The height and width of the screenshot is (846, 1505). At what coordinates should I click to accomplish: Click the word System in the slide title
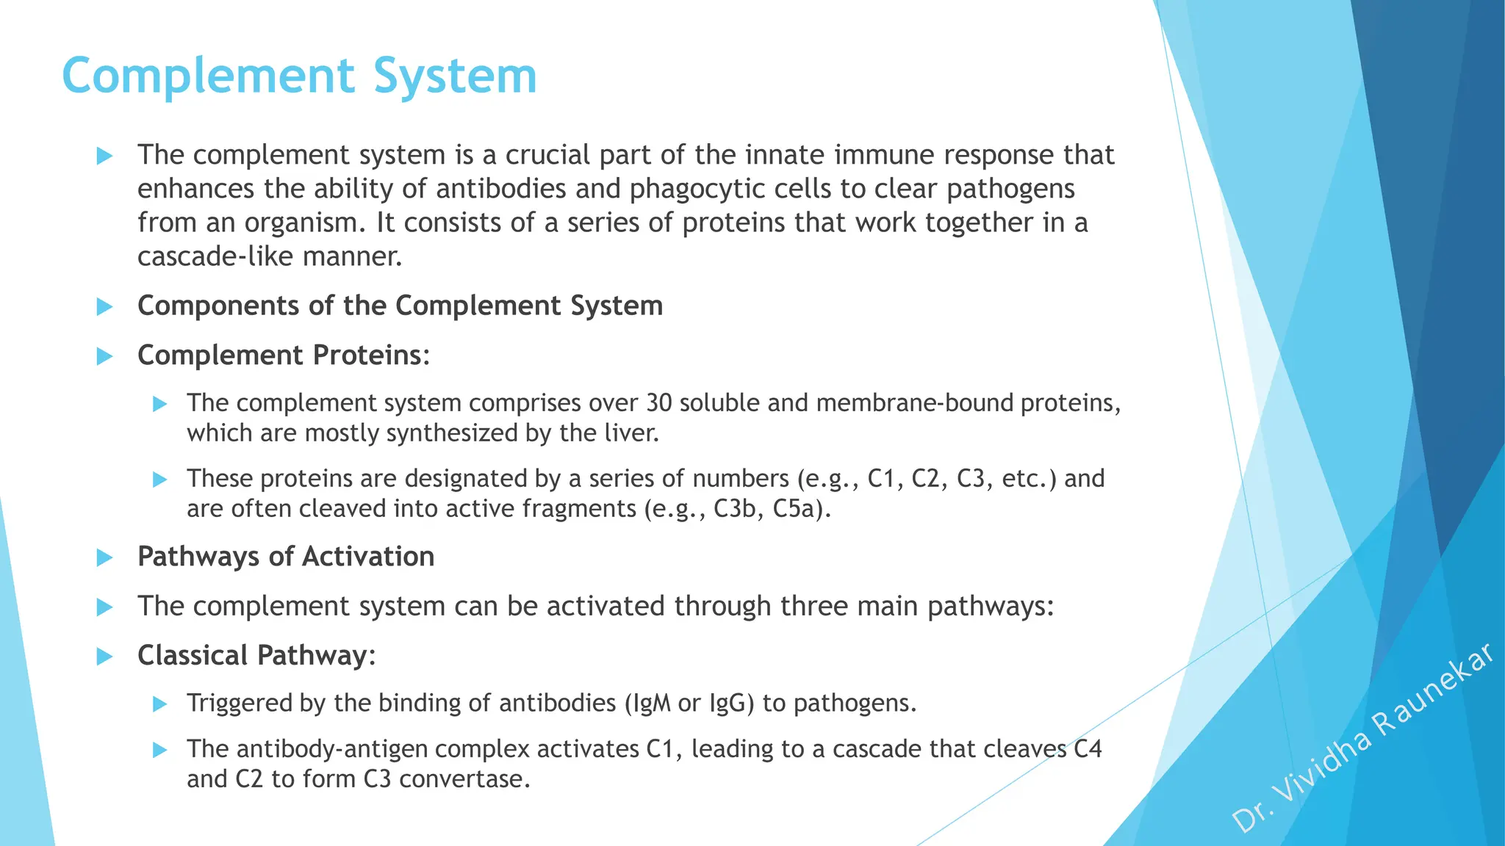pyautogui.click(x=455, y=76)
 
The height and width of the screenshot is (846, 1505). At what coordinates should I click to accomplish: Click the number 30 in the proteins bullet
pyautogui.click(x=659, y=403)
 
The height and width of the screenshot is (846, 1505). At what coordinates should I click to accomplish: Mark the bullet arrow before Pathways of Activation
pyautogui.click(x=105, y=558)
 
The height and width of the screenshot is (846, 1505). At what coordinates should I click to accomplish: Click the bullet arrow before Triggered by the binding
pyautogui.click(x=160, y=705)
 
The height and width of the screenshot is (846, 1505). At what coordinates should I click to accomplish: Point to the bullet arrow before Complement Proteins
pyautogui.click(x=105, y=357)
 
